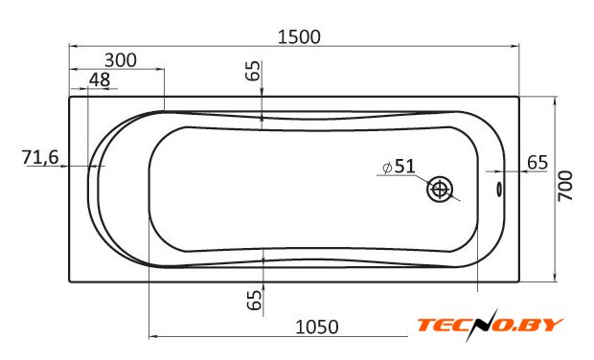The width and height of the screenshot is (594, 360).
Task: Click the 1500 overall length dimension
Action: point(299,37)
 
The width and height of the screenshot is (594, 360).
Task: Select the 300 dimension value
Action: point(121,60)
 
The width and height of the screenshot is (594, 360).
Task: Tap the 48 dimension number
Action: point(100,79)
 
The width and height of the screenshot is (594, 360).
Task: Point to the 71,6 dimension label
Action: point(40,157)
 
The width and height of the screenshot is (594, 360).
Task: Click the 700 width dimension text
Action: point(565,186)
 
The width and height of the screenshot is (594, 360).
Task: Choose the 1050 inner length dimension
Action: point(317,327)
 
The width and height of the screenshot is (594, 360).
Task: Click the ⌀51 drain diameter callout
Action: point(399,167)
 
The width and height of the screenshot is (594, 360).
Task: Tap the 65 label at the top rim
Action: point(254,71)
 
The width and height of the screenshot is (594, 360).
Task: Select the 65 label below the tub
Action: point(254,300)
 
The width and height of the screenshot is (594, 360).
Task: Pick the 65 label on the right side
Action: point(537,163)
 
